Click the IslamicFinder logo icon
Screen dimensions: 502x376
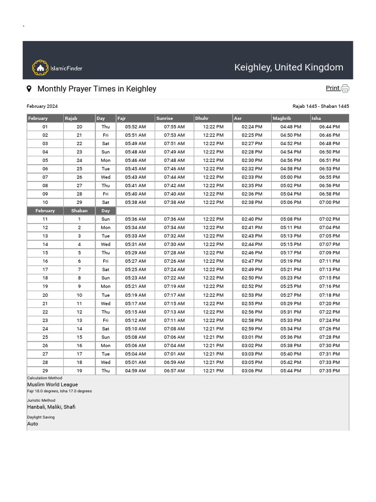point(40,68)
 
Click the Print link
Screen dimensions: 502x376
point(332,88)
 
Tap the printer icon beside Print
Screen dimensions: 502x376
point(345,89)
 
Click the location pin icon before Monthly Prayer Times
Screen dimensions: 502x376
point(29,89)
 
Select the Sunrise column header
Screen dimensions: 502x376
point(164,118)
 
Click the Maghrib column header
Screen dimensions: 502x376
point(282,118)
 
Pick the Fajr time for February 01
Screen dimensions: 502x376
point(135,126)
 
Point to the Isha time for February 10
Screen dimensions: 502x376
point(329,202)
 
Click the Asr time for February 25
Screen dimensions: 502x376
point(252,337)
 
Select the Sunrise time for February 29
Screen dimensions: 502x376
point(174,371)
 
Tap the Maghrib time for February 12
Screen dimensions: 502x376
point(291,227)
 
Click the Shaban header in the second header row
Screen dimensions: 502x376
point(79,211)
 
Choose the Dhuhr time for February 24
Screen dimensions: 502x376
point(213,329)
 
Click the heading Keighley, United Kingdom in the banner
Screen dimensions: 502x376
point(288,67)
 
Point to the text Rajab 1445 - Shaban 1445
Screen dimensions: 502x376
point(321,106)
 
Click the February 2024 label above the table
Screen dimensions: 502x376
point(42,106)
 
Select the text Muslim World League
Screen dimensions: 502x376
point(52,385)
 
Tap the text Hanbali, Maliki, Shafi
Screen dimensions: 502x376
point(51,407)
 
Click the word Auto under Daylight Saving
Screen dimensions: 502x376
point(32,424)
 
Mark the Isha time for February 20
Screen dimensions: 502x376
point(329,295)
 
